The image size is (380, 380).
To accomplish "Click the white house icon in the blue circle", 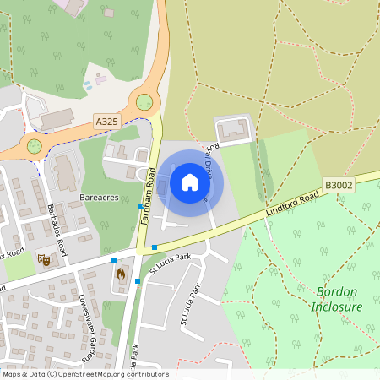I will [x=190, y=182].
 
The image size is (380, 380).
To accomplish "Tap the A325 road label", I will [x=106, y=122].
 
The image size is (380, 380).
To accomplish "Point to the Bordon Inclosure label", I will [x=338, y=299].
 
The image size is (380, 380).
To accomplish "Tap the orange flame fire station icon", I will [x=120, y=274].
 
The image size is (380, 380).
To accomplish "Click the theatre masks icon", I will [x=44, y=260].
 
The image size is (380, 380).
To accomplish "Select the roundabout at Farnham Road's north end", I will [x=144, y=102].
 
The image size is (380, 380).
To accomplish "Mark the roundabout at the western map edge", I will [x=34, y=145].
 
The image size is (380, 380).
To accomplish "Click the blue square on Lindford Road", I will [x=155, y=247].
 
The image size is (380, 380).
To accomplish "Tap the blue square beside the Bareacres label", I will [x=140, y=206].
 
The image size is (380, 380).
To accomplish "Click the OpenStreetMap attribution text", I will [x=84, y=374].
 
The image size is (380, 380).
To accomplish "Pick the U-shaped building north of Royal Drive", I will [x=233, y=131].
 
